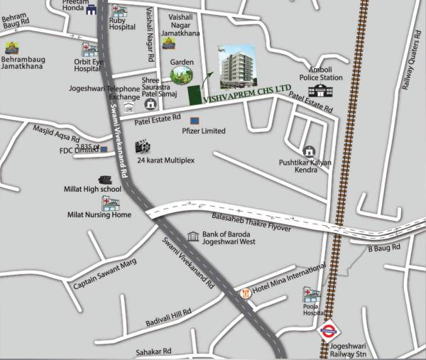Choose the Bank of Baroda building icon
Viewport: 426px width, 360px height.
point(193,236)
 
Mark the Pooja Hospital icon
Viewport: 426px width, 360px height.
point(310,293)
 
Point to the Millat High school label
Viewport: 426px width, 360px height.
point(93,190)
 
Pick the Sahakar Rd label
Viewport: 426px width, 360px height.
point(153,351)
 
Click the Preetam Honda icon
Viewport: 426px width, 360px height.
point(91,9)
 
